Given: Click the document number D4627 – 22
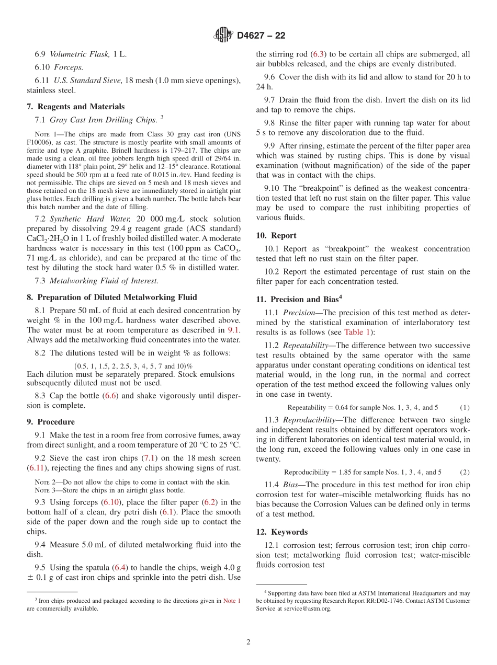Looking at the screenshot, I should coord(261,36).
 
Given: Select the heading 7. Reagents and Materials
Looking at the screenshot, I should coord(75,107).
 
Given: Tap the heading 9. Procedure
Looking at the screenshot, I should coord(50,422).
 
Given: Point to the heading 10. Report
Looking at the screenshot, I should coord(276,236).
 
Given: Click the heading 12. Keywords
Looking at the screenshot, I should coord(281,532).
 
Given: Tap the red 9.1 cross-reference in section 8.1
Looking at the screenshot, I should coord(234,330).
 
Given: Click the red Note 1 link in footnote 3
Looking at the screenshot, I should coord(232,601).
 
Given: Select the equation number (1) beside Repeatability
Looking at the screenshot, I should coord(465,407).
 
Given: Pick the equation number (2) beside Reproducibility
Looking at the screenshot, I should coord(465,472).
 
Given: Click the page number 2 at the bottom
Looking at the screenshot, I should coord(249,643).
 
